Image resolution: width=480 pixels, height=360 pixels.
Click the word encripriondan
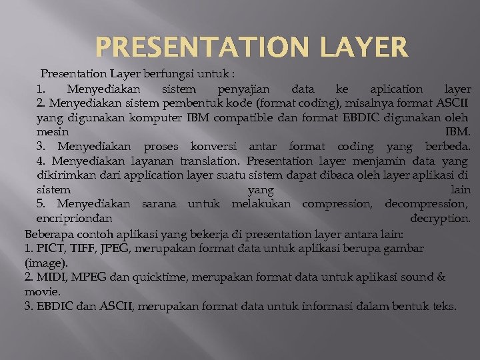(74, 219)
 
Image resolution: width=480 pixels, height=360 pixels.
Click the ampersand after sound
(441, 277)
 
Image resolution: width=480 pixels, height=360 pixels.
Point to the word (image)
(46, 263)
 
